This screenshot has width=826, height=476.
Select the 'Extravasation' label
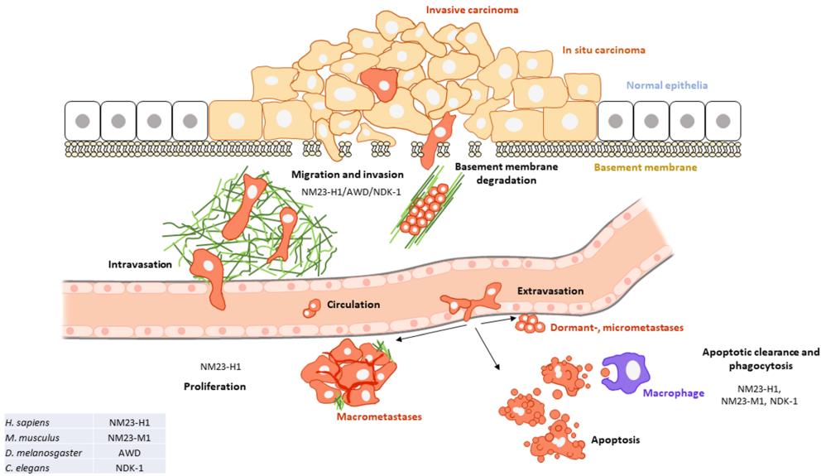[551, 291]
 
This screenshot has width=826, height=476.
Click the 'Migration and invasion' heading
[347, 175]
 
